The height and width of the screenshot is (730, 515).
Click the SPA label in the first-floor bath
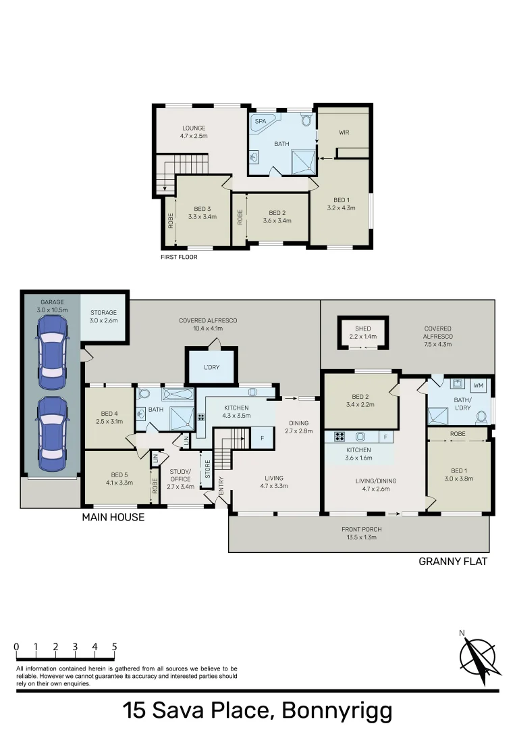tap(260, 121)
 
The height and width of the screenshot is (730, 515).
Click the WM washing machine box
tap(479, 385)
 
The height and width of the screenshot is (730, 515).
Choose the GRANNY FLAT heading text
tap(453, 561)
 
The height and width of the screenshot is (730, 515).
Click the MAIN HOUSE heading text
tap(113, 517)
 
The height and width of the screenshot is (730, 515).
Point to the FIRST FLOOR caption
tap(179, 257)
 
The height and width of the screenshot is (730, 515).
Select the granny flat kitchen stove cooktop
tap(335, 436)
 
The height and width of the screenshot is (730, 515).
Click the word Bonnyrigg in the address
tap(336, 711)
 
